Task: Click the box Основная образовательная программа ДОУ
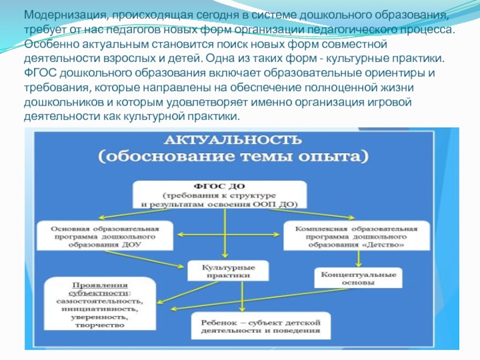coord(105,237)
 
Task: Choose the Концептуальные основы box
coord(358,277)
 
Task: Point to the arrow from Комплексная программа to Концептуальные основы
coord(359,259)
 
